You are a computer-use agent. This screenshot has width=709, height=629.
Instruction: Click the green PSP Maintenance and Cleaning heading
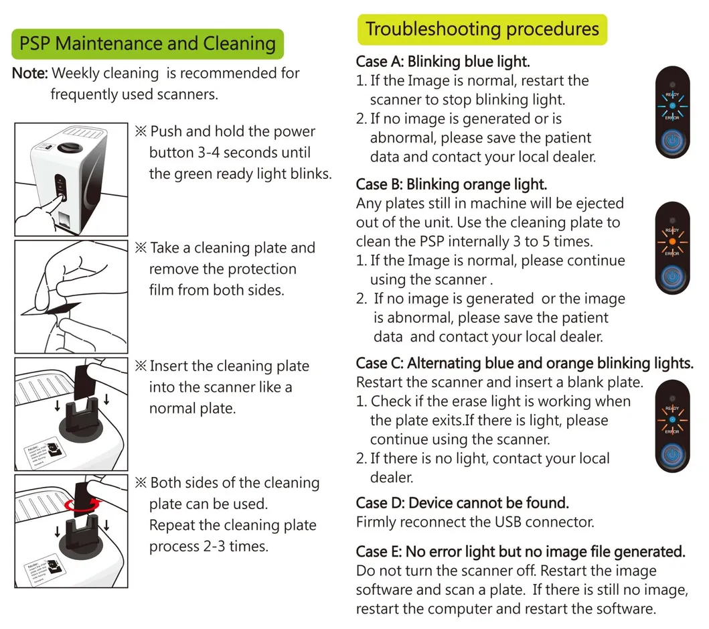click(x=147, y=44)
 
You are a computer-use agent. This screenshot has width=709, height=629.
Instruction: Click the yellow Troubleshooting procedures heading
click(x=482, y=29)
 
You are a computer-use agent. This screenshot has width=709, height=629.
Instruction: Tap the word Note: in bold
click(x=29, y=73)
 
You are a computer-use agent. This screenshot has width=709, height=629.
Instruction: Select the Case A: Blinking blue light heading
click(x=443, y=62)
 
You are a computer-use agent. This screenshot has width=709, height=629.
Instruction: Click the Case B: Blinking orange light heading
click(x=451, y=184)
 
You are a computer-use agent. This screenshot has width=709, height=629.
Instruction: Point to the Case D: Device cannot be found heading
click(x=462, y=502)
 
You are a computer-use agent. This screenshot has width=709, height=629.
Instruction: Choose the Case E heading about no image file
click(x=520, y=551)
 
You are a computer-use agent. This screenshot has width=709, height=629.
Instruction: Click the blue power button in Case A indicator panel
click(x=672, y=142)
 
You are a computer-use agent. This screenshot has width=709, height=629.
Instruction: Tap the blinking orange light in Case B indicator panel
click(x=672, y=240)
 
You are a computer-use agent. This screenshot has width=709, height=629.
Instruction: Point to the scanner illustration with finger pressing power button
click(x=71, y=179)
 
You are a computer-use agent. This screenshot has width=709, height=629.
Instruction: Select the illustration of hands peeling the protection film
click(x=71, y=297)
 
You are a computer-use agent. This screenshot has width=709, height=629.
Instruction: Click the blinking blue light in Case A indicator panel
click(x=672, y=105)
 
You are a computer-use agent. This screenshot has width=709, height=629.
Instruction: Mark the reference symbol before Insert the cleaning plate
click(x=141, y=366)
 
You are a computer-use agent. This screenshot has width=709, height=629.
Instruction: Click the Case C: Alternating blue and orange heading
click(x=524, y=363)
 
